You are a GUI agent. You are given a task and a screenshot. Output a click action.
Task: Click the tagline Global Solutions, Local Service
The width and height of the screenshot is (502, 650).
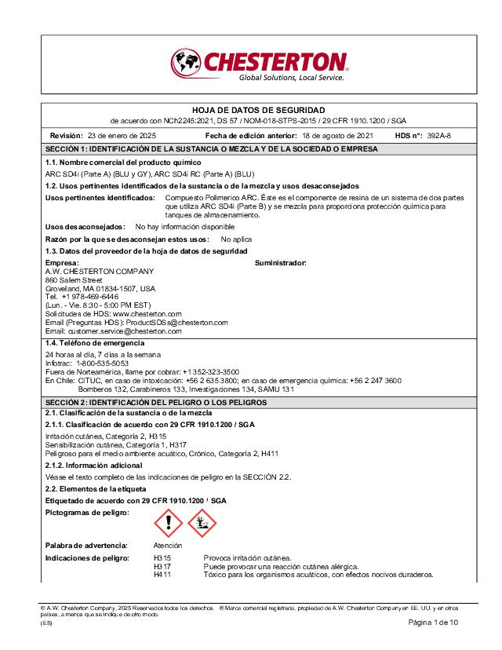291,78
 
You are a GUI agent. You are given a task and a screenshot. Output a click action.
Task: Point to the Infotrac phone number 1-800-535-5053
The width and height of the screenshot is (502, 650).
103,363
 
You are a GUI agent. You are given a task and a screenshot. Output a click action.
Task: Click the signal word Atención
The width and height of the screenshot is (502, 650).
168,545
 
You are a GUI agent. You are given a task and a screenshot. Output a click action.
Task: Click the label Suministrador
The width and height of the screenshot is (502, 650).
281,262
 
